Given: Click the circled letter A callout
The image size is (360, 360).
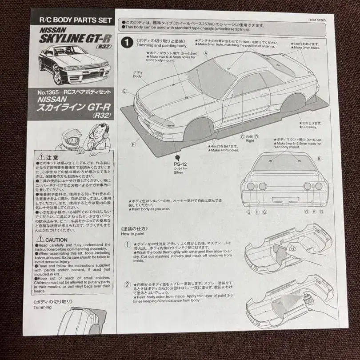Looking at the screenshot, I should pos(206,52).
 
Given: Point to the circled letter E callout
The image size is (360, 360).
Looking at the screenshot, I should pos(124,91).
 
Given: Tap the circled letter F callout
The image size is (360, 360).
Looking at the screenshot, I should pos(133,144).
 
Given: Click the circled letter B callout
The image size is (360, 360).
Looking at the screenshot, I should pos(319,158).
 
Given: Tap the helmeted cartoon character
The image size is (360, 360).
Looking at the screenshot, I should pos(71,139).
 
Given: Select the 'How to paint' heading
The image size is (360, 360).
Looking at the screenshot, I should pos(131,234).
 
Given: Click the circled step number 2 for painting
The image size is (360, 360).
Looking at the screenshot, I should pos(128,285).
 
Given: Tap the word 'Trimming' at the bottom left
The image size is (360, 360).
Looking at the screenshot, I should pos(43,307).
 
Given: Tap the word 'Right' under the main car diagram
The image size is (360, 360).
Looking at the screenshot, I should pos(250,141).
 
